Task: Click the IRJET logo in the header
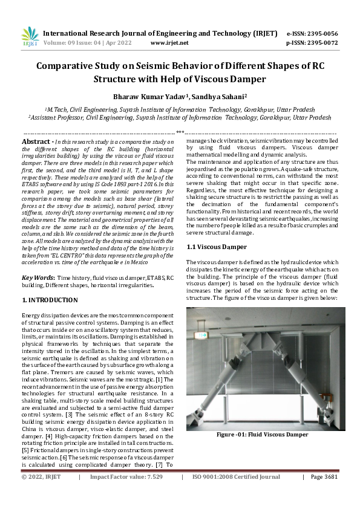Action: tap(30, 37)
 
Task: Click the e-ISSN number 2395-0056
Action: tap(321, 33)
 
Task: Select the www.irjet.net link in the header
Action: tap(169, 43)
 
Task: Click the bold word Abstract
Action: tap(36, 141)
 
